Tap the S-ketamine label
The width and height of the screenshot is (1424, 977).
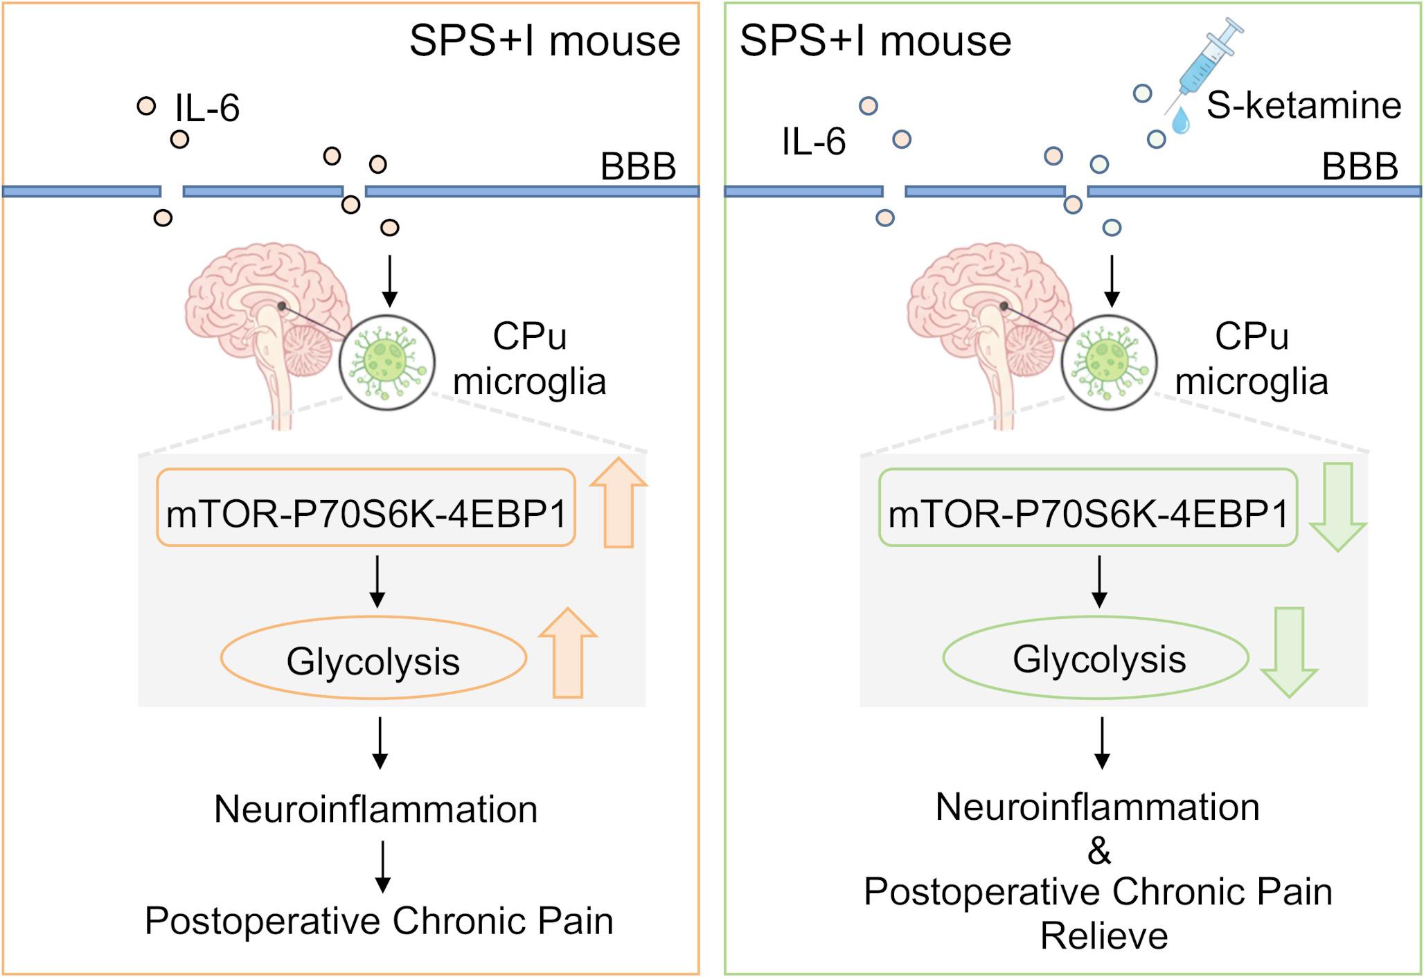[x=1303, y=106]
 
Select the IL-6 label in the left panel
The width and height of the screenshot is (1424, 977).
[x=207, y=109]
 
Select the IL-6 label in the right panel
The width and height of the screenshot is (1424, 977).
[x=814, y=142]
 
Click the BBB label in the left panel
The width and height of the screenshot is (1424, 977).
[x=638, y=167]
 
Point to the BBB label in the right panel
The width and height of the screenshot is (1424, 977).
[x=1360, y=167]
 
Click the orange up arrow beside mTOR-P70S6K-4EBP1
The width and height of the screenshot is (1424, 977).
[x=618, y=504]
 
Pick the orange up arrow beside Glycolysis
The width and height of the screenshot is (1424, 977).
[x=568, y=654]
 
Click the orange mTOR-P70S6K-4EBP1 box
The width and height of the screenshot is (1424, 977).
[x=366, y=508]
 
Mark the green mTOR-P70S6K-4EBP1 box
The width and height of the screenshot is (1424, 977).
[x=1088, y=508]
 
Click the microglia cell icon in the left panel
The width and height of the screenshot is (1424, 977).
[x=386, y=362]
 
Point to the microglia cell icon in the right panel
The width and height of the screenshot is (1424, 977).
[x=1108, y=362]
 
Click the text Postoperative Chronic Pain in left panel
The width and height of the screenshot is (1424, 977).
[x=379, y=921]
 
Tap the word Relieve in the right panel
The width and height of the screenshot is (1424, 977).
[x=1104, y=936]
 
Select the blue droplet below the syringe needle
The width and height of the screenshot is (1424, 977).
[x=1180, y=121]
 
